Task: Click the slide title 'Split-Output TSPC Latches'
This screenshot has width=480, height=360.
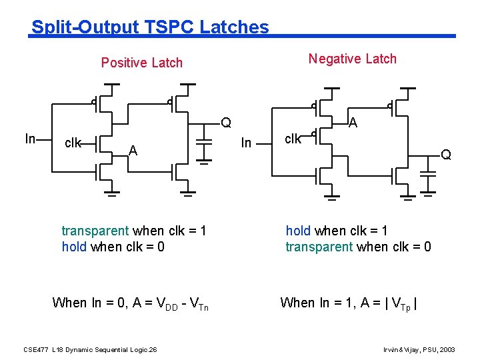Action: coord(150,27)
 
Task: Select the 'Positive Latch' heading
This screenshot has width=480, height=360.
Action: coord(141,63)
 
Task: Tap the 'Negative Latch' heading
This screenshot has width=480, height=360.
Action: coord(352,59)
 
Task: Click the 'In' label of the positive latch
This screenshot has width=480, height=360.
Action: coord(30,139)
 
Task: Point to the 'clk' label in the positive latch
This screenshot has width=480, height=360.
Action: coord(73,143)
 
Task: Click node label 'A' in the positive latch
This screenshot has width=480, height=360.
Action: coord(133,151)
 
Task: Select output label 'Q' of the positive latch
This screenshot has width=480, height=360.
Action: coord(227,123)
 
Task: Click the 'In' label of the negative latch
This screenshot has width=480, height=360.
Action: coord(246,143)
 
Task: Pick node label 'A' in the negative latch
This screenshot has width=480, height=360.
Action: coord(353,123)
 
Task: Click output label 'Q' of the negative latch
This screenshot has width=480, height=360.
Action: coord(446,155)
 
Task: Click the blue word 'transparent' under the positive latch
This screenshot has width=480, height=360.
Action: coord(95,231)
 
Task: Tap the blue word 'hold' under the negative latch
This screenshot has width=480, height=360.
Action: coord(298,231)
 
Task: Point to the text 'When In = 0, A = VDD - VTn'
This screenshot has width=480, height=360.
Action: coord(130,303)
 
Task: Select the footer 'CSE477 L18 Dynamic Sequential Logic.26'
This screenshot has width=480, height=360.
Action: coord(90,349)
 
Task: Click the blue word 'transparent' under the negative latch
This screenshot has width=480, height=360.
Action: coord(319,247)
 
